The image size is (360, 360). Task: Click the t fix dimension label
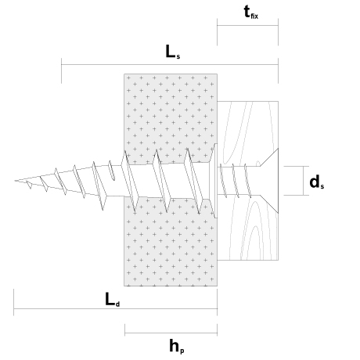(251, 13)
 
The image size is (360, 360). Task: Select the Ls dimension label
(173, 52)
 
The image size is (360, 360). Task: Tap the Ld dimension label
(113, 300)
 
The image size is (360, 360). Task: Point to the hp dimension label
(177, 346)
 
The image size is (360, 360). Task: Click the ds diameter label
(317, 182)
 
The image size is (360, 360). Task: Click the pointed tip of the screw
(16, 180)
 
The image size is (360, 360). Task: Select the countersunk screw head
(269, 181)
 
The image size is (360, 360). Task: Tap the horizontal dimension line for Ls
(170, 64)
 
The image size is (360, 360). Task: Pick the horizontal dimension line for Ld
(115, 308)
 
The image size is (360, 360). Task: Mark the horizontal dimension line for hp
(171, 333)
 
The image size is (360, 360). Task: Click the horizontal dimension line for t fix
(247, 26)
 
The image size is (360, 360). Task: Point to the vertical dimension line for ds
(304, 181)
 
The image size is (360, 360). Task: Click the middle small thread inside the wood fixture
(236, 181)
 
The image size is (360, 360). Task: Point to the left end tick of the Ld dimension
(13, 302)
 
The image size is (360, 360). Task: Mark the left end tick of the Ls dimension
(61, 70)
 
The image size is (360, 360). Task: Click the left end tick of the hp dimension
(124, 329)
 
